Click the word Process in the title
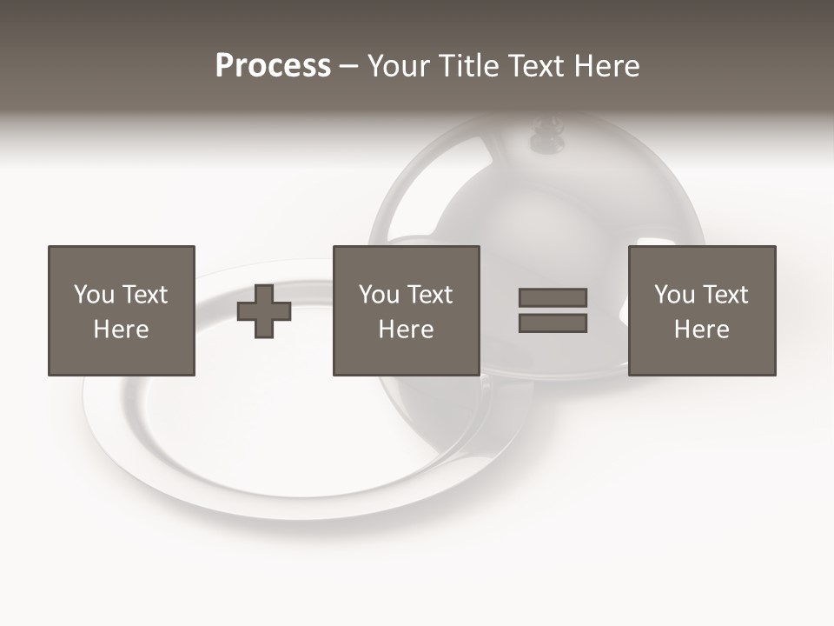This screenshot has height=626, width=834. (x=273, y=66)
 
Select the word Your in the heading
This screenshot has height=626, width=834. (x=398, y=66)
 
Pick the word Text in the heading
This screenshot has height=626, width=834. (x=535, y=66)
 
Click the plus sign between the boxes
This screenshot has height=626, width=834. (x=264, y=311)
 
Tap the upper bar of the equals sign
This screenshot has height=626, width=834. (x=553, y=297)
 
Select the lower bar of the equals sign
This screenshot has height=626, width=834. (x=553, y=323)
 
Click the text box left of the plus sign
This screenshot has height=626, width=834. (x=122, y=310)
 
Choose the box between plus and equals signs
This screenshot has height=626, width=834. (x=406, y=310)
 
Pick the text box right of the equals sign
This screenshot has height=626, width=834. (x=702, y=310)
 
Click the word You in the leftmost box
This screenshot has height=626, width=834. (x=94, y=295)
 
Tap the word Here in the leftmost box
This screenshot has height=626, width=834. (x=122, y=330)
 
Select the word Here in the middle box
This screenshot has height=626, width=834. (x=406, y=330)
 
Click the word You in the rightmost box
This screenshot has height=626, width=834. (x=674, y=295)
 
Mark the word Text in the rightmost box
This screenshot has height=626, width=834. (x=725, y=295)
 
